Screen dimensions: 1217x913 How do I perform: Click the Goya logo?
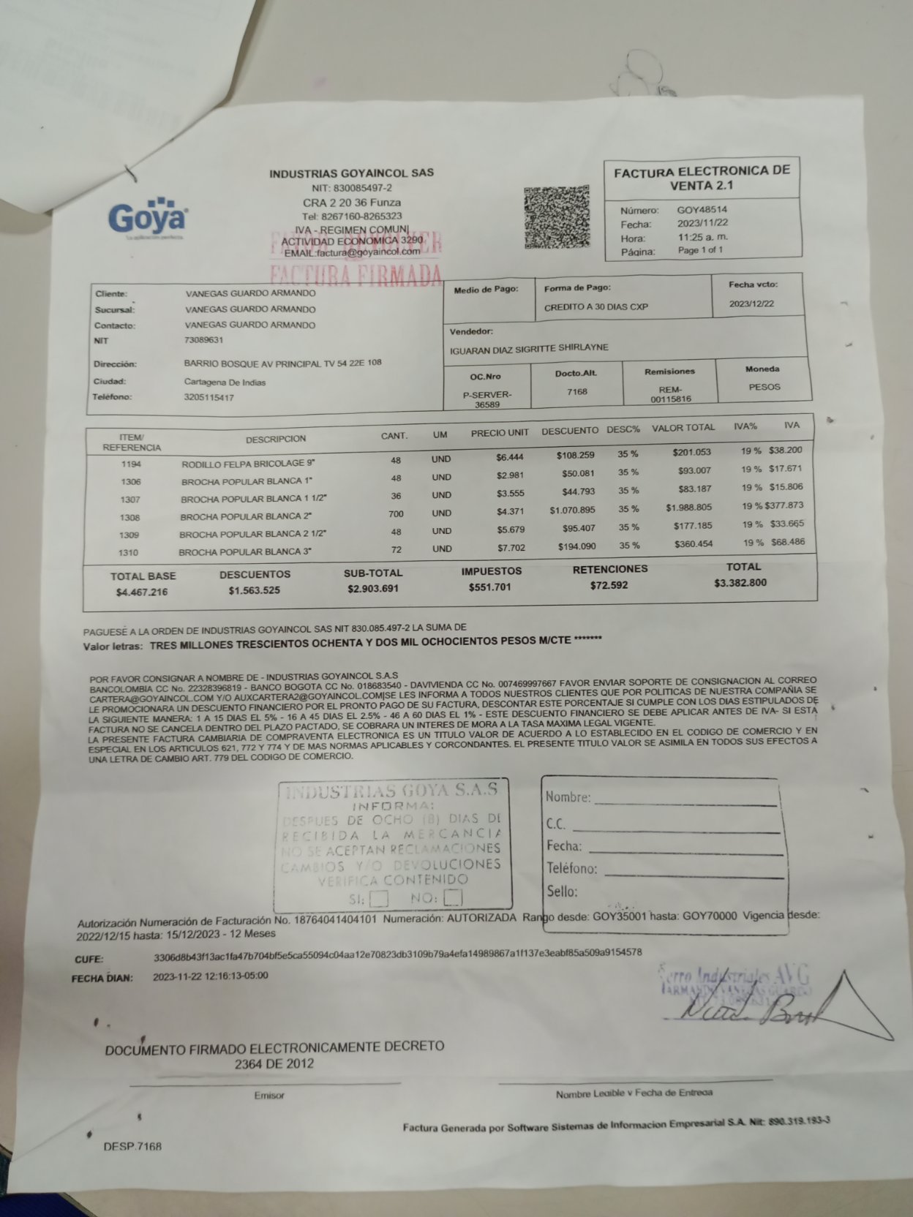[147, 216]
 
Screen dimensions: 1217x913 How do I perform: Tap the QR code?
[557, 217]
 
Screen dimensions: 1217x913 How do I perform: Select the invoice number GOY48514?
[702, 210]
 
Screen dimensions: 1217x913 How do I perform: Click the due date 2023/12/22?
[751, 304]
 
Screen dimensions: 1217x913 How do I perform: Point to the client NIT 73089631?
[204, 340]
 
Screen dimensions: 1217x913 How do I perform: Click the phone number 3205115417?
[209, 398]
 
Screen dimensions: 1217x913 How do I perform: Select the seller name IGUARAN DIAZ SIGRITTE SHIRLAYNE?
[528, 348]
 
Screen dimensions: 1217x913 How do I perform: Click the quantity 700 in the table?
[396, 513]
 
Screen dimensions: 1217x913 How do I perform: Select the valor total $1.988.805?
[688, 508]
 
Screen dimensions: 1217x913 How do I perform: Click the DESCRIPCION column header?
[276, 439]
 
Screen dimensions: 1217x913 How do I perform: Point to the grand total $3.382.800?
[740, 583]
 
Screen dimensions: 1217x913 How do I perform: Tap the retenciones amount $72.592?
[609, 585]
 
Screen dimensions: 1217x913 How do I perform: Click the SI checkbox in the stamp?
[379, 898]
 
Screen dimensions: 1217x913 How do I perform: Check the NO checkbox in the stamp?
[454, 897]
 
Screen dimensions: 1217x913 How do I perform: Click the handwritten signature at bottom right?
[746, 1011]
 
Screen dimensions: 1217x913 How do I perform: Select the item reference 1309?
[129, 535]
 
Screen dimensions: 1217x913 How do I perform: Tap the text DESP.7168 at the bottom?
[132, 1146]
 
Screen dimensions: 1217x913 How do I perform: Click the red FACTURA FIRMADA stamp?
[356, 274]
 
